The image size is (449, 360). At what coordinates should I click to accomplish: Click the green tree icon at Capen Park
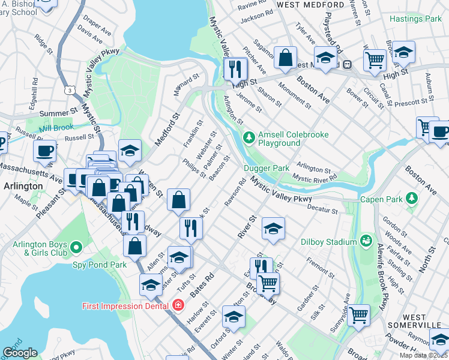pos(411,198)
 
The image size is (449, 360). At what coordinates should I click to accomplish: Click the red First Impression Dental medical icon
pos(178,305)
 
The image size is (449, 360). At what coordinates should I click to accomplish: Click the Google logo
pos(20,353)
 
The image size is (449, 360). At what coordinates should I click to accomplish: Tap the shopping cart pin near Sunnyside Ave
pos(358,314)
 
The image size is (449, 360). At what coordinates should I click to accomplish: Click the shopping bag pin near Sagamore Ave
pos(286,58)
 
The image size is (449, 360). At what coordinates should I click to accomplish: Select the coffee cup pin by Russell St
pos(44,151)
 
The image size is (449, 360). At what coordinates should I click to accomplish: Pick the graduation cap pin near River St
pos(273,229)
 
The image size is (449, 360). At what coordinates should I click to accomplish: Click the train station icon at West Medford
pos(347,64)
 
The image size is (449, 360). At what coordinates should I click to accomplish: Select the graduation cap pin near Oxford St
pos(234,317)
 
